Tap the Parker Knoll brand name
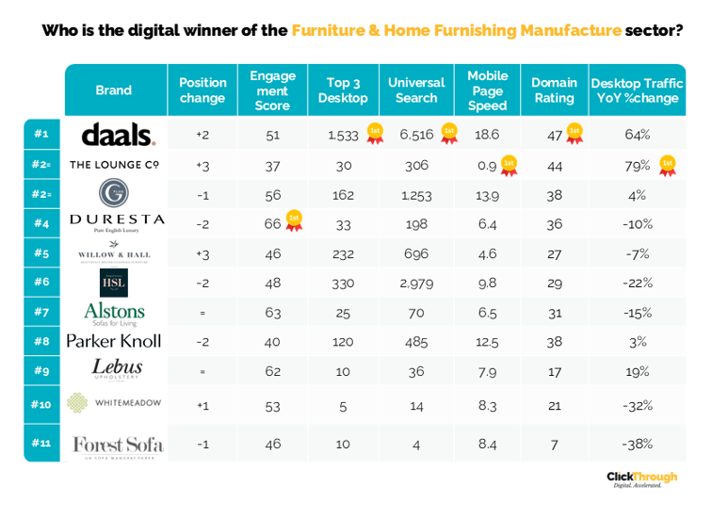point(114,340)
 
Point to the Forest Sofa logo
point(117,444)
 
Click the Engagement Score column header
point(272,90)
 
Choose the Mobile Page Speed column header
point(487,90)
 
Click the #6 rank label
point(41,282)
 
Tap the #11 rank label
point(41,444)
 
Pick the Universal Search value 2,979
point(416,282)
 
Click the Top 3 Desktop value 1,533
point(343,135)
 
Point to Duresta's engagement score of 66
point(272,223)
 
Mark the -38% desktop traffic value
point(637,444)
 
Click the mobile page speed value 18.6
point(487,135)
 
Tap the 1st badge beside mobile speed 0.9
point(509,164)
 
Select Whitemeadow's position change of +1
point(202,404)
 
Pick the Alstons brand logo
point(114,312)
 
